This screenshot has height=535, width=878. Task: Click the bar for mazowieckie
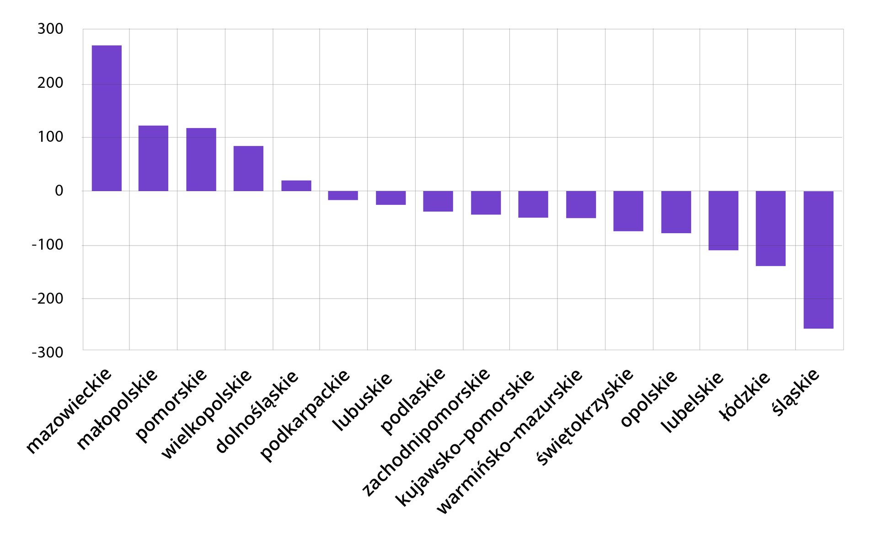tap(107, 118)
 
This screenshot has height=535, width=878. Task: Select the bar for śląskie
tap(818, 259)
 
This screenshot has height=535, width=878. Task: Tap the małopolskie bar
tap(153, 158)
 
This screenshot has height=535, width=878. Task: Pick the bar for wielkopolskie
tap(248, 168)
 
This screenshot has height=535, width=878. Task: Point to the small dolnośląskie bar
tap(296, 186)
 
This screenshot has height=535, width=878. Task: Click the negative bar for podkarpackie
tap(343, 195)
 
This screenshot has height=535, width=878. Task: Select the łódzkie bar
tap(771, 228)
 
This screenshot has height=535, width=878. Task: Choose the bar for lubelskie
tap(723, 220)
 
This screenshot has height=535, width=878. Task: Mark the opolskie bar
tap(676, 212)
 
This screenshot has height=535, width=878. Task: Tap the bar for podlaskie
tap(438, 201)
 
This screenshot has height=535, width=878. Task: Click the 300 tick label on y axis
tap(50, 29)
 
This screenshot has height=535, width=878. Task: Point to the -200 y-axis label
tap(48, 299)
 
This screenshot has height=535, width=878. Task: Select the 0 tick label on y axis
tap(59, 191)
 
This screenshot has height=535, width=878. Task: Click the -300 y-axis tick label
tap(48, 353)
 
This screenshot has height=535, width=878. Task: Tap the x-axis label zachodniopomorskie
tap(426, 432)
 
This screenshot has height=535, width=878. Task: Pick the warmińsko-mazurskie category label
tap(509, 441)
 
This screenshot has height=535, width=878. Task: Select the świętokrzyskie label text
tap(585, 417)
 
